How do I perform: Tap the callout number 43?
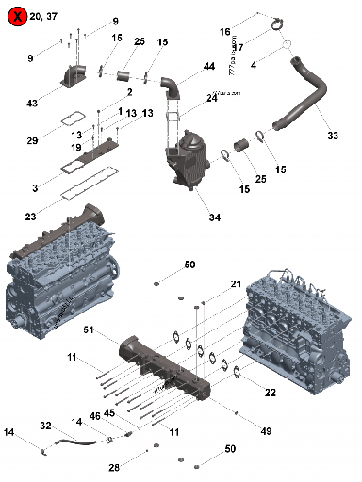point(59,102)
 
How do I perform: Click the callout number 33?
point(333,136)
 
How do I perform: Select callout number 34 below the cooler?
point(215,217)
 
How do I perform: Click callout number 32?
point(45,426)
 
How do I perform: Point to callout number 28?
point(114,467)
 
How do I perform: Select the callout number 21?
point(236,283)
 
